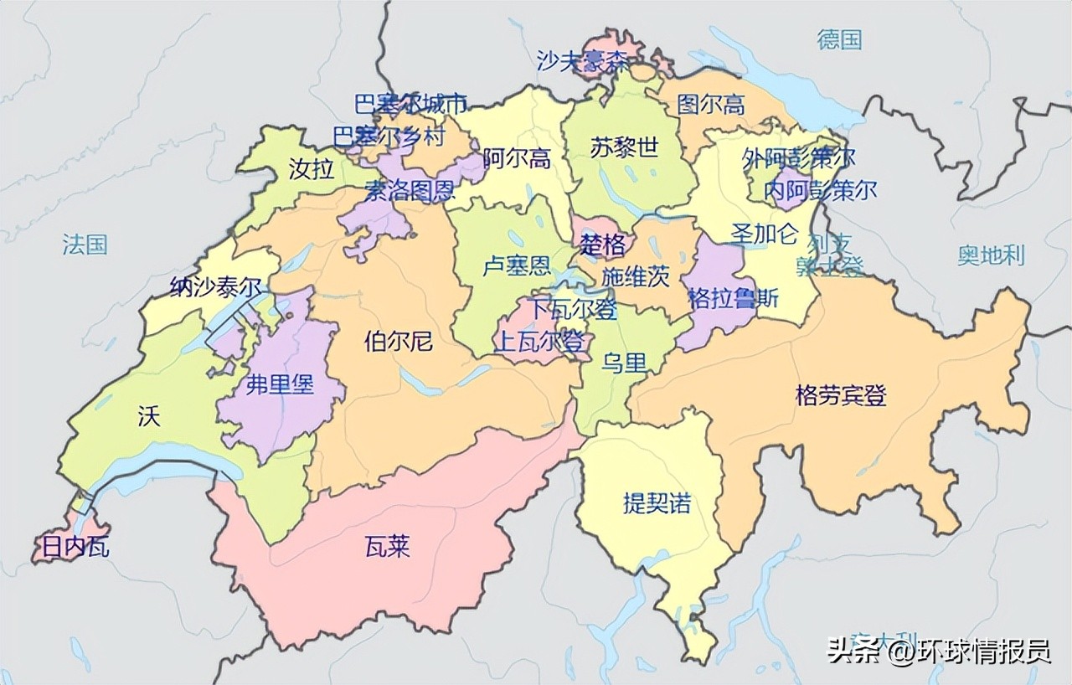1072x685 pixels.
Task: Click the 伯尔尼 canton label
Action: [x=399, y=341]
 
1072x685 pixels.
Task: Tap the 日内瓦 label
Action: [x=71, y=549]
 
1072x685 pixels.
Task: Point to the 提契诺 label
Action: [x=657, y=502]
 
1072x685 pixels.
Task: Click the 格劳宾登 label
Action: [x=841, y=395]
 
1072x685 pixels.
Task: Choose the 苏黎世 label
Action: [x=624, y=147]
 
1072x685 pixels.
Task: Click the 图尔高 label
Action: [x=710, y=104]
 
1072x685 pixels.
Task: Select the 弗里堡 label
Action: [x=280, y=384]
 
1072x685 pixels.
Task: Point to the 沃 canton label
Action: [x=148, y=416]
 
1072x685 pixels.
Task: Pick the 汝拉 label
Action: [x=311, y=169]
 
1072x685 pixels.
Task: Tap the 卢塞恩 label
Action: [x=517, y=266]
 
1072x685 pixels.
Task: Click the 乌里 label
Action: [x=624, y=363]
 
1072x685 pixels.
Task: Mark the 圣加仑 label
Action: [x=765, y=234]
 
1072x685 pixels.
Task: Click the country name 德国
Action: [x=839, y=39]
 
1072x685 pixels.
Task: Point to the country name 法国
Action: [x=85, y=245]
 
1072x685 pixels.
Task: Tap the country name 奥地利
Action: [x=991, y=255]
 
